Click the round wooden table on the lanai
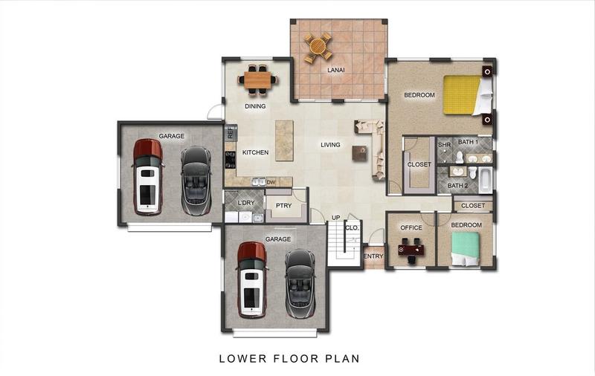coord(318,48)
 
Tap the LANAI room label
coord(336,70)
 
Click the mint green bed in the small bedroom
coord(466,249)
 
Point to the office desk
coord(411,250)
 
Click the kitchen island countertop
coord(284,140)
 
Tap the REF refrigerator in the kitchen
coord(231,133)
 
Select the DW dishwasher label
coord(271,182)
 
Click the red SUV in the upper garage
coord(147,177)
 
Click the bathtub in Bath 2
coord(486,180)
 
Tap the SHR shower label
coord(444,145)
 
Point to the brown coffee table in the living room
coord(359,153)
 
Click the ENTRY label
coord(373,256)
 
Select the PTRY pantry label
coord(283,205)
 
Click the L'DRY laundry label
coord(246,203)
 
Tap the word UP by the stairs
coord(336,218)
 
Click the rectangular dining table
coord(257,80)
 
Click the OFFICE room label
coord(411,227)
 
